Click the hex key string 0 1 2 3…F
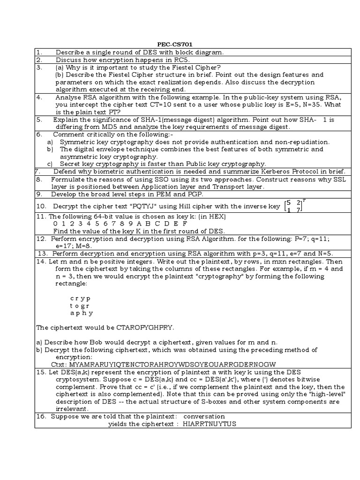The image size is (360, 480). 120,224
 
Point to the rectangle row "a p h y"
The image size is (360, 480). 81,313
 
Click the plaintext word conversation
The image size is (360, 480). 204,416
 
